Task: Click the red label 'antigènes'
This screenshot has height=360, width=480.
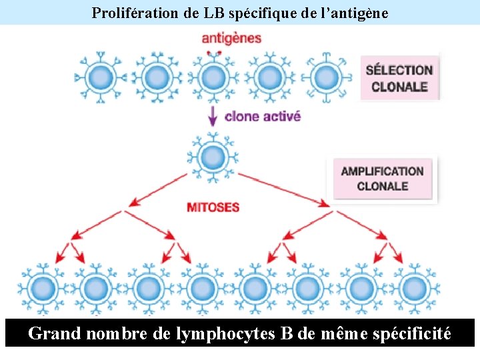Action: (x=231, y=38)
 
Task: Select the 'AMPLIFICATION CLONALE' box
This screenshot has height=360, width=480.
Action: (x=383, y=178)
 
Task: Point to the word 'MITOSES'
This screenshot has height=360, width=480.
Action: (x=213, y=207)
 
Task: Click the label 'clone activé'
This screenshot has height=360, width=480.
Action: (x=263, y=116)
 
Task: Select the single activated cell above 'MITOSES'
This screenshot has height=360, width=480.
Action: (x=213, y=158)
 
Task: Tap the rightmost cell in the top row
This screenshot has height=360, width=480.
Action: (x=325, y=77)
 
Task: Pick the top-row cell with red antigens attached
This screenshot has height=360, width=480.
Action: (x=213, y=77)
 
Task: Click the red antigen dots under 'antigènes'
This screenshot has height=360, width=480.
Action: (x=213, y=52)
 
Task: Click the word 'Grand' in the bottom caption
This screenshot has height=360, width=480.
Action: (x=55, y=333)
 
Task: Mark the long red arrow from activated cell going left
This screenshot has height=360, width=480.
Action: (x=160, y=189)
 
